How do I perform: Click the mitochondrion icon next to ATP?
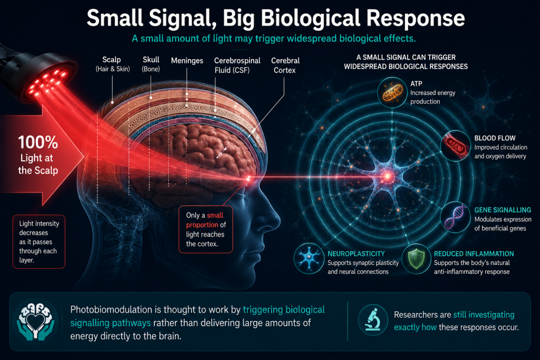coord(392,92)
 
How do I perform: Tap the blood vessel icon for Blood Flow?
coord(455,145)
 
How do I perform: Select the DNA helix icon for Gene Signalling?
coord(455,217)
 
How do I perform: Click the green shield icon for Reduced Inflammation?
coord(416,259)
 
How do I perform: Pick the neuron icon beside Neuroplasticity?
coord(309,258)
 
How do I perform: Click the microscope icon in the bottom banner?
coord(373,320)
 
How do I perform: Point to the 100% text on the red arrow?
coord(38,142)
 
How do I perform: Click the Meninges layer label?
coord(187,61)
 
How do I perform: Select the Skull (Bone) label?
coord(151,64)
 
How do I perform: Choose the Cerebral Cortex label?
coord(285,65)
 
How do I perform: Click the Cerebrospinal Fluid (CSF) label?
coord(237,65)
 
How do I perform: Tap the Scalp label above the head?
coord(112,64)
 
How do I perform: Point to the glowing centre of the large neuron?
coord(388,177)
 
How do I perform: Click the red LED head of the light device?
coord(47,83)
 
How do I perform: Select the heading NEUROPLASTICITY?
coord(356,254)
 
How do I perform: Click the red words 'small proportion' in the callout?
coord(205,220)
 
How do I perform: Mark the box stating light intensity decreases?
coord(39,241)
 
